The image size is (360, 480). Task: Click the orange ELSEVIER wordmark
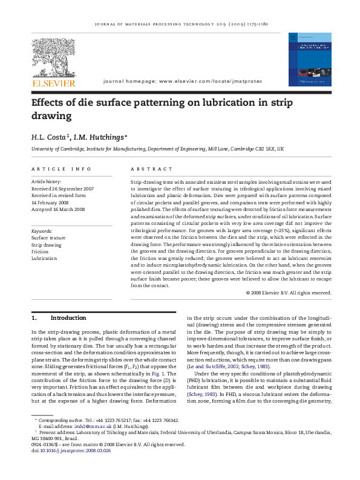tap(54, 83)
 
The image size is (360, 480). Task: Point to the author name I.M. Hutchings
tap(100, 137)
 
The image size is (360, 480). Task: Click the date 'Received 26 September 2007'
tap(62, 189)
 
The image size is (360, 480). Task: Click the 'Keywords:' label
tap(42, 231)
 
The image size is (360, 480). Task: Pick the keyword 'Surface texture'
tap(48, 238)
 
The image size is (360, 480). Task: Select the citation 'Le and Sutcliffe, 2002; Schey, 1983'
tap(229, 383)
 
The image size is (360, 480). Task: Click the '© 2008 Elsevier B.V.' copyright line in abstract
tap(289, 293)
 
